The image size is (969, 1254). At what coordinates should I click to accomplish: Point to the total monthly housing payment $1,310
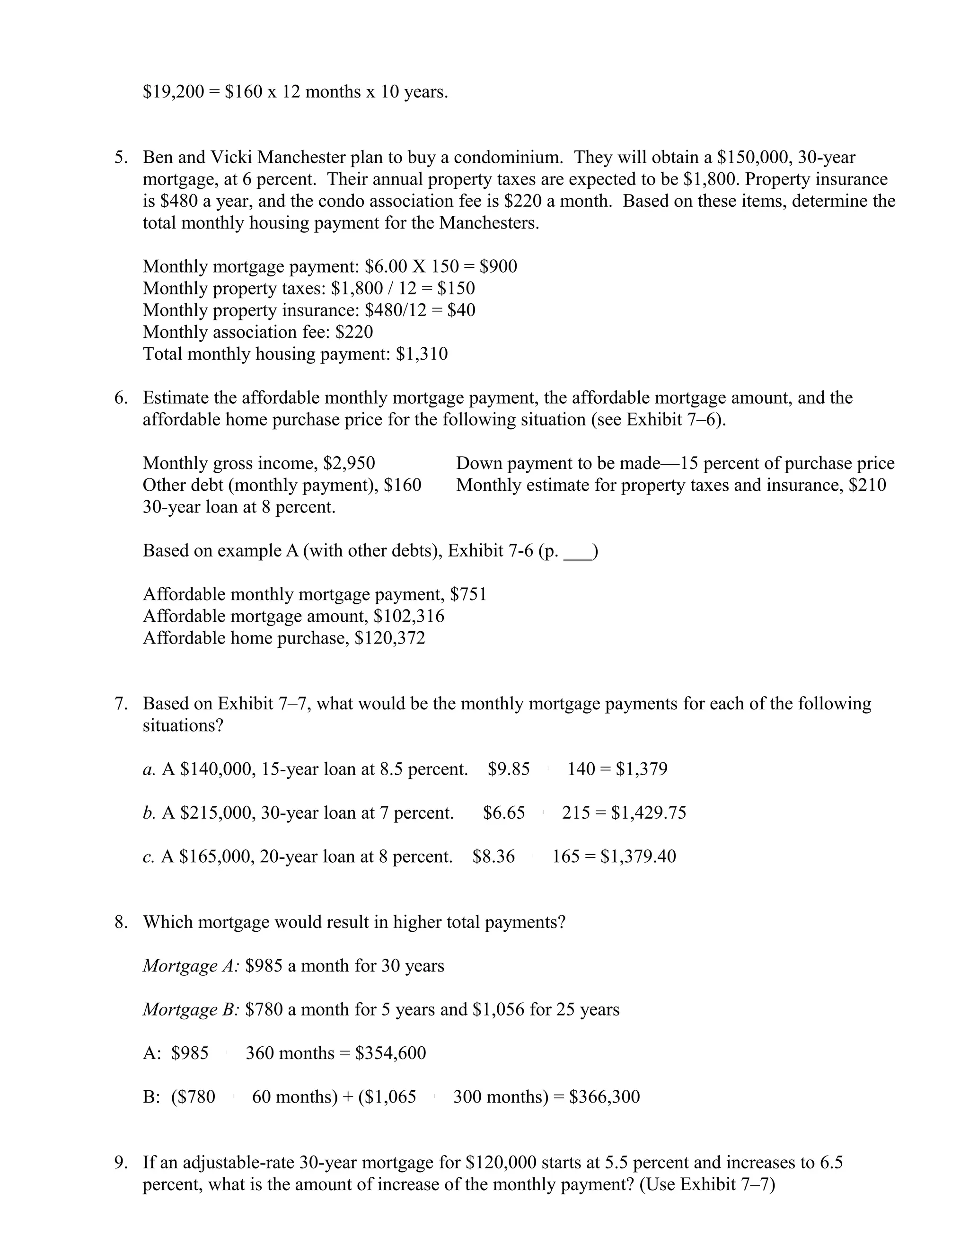(x=422, y=353)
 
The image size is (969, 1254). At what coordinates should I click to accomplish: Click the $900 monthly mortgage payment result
(x=498, y=266)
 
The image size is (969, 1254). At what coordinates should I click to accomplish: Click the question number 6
(x=121, y=398)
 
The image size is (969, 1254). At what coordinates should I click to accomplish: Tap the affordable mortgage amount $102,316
(x=409, y=616)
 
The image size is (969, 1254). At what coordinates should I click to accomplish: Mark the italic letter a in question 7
(x=148, y=769)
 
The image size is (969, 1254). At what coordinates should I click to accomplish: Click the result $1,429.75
(x=649, y=813)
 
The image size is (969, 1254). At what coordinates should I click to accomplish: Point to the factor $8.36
(x=493, y=857)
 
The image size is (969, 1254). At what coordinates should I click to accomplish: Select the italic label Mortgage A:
(x=191, y=966)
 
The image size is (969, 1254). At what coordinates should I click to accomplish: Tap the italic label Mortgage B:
(x=191, y=1009)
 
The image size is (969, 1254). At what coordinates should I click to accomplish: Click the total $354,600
(x=391, y=1053)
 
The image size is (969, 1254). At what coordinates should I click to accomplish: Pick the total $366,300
(x=605, y=1097)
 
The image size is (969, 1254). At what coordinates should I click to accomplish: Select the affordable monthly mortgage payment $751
(x=468, y=594)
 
